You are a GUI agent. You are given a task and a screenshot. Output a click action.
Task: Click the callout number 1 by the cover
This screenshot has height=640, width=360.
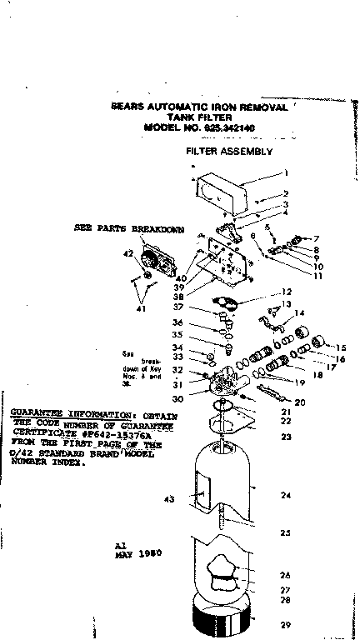(285, 173)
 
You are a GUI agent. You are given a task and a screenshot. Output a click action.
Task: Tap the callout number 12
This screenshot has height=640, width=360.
(285, 292)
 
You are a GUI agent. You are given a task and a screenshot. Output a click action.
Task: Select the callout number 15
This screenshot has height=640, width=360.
(341, 347)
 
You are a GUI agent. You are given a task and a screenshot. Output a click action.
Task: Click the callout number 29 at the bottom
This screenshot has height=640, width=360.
(285, 624)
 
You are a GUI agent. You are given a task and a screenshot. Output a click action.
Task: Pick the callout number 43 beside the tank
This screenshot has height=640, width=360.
(169, 499)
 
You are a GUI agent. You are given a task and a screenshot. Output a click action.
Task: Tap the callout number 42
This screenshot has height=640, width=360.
(128, 252)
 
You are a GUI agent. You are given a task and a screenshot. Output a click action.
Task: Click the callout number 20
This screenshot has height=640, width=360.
(300, 402)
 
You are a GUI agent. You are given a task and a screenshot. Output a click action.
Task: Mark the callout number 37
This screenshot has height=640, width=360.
(177, 307)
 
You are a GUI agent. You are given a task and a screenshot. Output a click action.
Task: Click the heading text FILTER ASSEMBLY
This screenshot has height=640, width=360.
(229, 152)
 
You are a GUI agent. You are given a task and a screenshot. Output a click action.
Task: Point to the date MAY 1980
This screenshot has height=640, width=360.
(138, 552)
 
